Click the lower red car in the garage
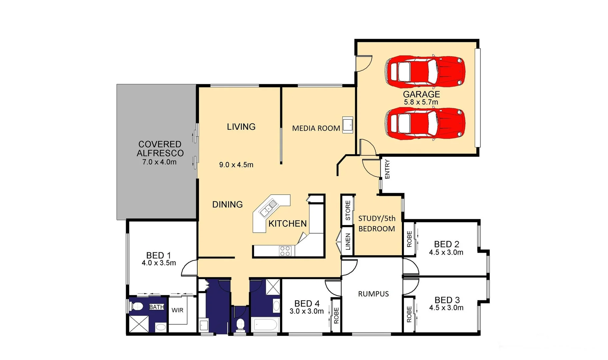click(425, 123)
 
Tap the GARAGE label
click(421, 94)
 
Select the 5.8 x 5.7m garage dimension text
click(421, 102)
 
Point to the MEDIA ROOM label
click(316, 128)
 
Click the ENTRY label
click(387, 169)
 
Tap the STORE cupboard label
click(348, 210)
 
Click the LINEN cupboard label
click(348, 241)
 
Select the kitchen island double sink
click(269, 207)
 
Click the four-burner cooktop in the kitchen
click(285, 251)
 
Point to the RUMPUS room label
click(373, 294)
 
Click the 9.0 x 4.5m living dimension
click(236, 165)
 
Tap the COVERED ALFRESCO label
click(160, 149)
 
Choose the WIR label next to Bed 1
click(177, 310)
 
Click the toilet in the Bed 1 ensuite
click(137, 306)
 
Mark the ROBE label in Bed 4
click(336, 315)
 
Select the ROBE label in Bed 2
click(409, 239)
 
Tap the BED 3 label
click(447, 300)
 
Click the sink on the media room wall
click(347, 125)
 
